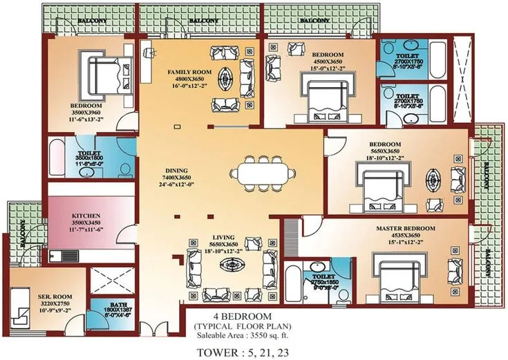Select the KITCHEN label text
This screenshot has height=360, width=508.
86,216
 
